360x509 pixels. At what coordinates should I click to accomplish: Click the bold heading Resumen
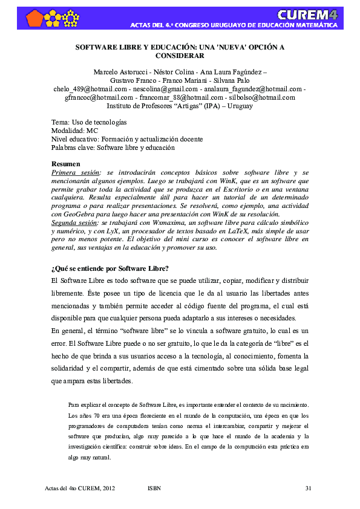(x=65, y=164)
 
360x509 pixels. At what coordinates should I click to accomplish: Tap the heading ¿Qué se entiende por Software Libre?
(x=110, y=268)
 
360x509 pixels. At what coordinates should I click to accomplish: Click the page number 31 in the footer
(x=308, y=488)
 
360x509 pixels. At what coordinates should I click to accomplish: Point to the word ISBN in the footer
(x=154, y=488)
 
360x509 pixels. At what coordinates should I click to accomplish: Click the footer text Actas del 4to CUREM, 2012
(x=80, y=488)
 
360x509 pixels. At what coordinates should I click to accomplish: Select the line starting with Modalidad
(x=75, y=131)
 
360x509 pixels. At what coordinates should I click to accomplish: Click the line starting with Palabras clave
(x=113, y=148)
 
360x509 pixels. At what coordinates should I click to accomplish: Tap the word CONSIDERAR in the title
(x=180, y=55)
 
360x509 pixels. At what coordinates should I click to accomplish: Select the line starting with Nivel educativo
(x=127, y=139)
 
